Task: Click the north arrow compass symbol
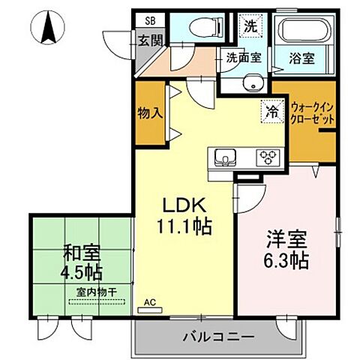coord(49,29)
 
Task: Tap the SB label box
coord(149,22)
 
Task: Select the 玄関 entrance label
coord(150,39)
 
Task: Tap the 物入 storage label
coord(150,114)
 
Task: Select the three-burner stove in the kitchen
coord(267,158)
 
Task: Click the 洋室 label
coord(286,242)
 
